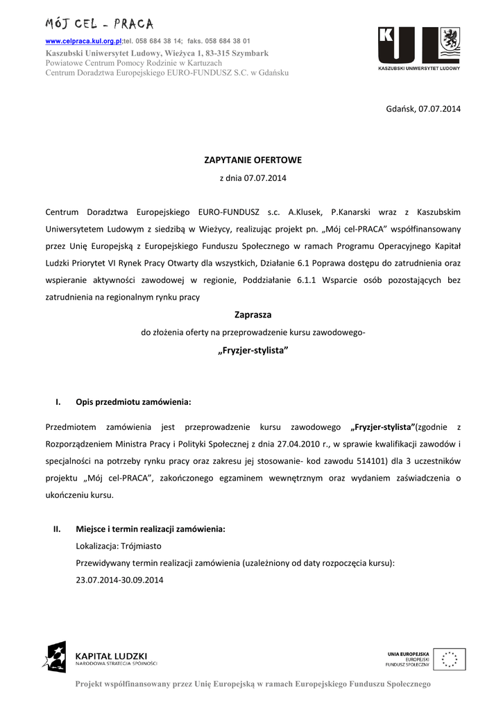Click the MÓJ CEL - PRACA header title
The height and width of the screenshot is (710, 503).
tap(99, 24)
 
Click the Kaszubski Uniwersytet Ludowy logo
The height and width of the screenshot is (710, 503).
tap(418, 49)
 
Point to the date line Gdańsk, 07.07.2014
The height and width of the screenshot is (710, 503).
tap(423, 109)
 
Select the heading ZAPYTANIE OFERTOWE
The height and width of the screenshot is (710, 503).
tap(253, 160)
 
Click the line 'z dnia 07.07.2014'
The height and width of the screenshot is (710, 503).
tap(253, 178)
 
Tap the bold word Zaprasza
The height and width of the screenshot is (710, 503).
tap(253, 314)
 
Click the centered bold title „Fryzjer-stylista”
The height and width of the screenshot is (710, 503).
tap(253, 350)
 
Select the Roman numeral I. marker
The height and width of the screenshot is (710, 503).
tap(58, 402)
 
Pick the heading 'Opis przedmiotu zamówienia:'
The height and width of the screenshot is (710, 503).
tap(133, 402)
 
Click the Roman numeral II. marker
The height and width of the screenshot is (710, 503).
tap(58, 529)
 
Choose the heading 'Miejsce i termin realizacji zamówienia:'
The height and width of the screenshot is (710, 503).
tap(151, 529)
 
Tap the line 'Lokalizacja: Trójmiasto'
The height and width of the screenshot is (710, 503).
tap(119, 546)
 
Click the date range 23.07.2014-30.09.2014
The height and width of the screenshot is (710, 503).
tap(119, 580)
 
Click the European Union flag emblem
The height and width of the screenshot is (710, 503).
tap(450, 659)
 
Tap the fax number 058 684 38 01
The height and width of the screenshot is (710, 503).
tap(226, 42)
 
